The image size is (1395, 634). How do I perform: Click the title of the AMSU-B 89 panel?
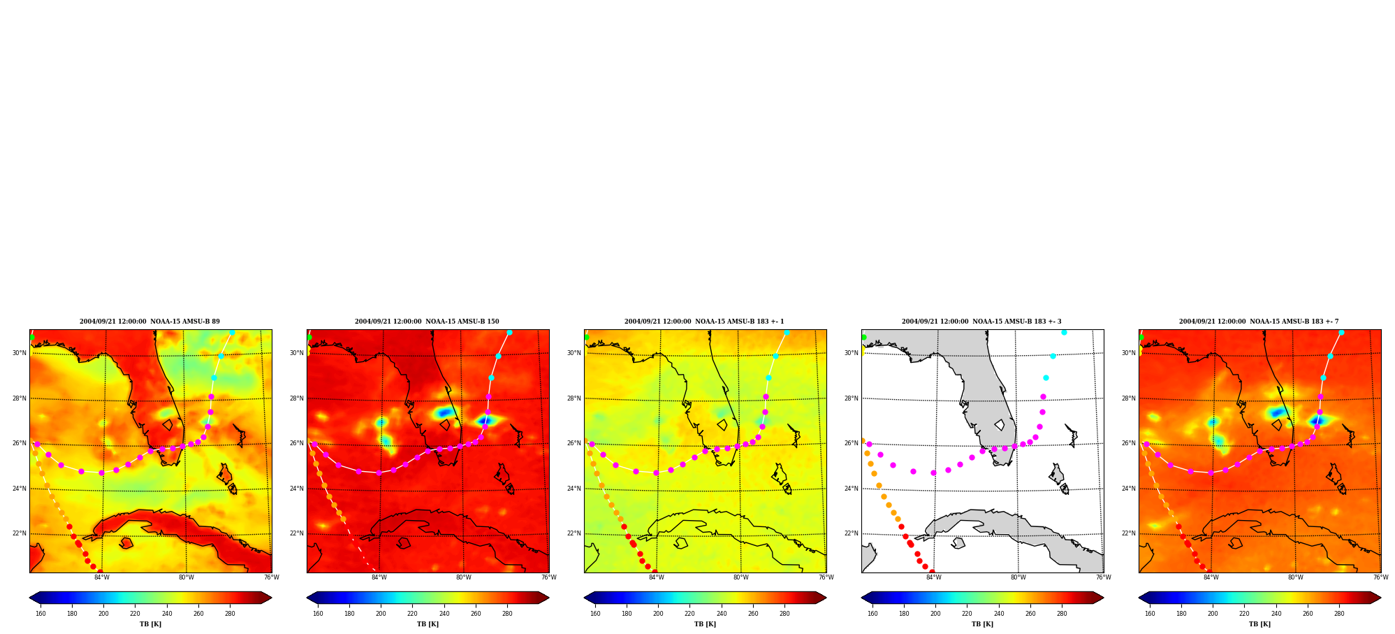click(149, 322)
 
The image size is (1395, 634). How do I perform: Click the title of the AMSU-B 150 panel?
click(427, 322)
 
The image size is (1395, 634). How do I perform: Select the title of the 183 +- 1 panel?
click(704, 322)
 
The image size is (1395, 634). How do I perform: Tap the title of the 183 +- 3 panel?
click(981, 322)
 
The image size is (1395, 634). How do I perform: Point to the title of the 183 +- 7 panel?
click(1259, 322)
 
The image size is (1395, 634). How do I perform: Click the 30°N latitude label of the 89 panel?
click(19, 353)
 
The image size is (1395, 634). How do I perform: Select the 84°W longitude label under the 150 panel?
click(379, 577)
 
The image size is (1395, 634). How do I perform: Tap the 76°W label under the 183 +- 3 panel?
click(1103, 577)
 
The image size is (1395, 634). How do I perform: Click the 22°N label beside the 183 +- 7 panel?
click(1128, 533)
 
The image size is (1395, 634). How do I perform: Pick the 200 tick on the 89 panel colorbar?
click(103, 614)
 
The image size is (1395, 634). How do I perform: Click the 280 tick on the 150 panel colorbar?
click(507, 614)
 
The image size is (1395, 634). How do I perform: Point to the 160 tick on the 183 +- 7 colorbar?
click(1150, 614)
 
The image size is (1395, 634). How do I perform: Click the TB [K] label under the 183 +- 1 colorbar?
click(705, 624)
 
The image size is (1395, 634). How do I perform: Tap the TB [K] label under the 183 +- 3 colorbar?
click(982, 624)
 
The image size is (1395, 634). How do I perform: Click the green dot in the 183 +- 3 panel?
click(863, 337)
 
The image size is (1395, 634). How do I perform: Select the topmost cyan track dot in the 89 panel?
click(232, 332)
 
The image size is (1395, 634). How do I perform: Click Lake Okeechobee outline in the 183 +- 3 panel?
click(1000, 425)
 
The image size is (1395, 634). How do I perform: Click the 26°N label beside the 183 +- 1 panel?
click(574, 443)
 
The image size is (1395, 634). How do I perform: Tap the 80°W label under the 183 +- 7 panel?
click(1295, 577)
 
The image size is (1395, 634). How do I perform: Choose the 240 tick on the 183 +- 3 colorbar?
click(999, 614)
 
